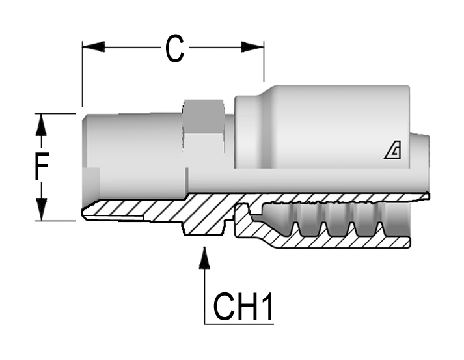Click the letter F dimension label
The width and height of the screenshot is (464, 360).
click(x=41, y=166)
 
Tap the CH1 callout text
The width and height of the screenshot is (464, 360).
click(x=243, y=307)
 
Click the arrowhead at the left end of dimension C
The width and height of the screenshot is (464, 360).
click(x=93, y=47)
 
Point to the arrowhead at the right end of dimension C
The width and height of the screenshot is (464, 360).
click(x=252, y=47)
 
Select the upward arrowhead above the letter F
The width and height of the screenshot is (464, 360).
click(x=41, y=125)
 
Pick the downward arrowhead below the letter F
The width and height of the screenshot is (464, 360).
click(x=41, y=210)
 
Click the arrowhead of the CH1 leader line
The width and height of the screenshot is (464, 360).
click(x=204, y=258)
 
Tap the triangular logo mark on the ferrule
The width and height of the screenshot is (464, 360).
click(x=392, y=150)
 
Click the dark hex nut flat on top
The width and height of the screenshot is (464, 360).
click(x=203, y=117)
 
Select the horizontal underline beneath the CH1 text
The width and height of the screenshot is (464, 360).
click(x=239, y=324)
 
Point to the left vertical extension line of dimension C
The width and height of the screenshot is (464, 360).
click(x=82, y=74)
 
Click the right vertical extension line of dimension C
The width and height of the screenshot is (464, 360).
click(x=264, y=61)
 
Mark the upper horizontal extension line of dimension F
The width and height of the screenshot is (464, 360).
click(x=55, y=113)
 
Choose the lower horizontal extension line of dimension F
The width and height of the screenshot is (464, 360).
click(x=55, y=221)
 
